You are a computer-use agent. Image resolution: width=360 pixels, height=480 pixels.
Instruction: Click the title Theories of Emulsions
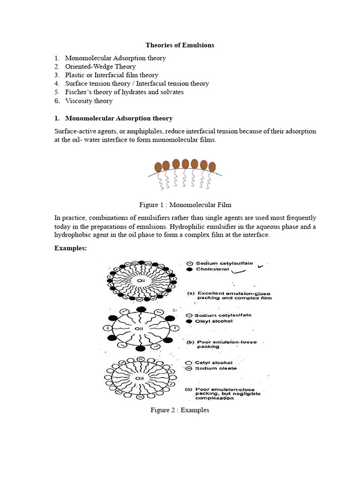[x=180, y=45]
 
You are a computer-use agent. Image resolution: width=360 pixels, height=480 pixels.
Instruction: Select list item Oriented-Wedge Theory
[x=100, y=67]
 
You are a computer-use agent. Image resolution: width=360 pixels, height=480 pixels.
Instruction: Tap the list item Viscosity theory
[x=89, y=101]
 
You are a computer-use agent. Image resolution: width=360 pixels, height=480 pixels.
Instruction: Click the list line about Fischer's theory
[x=124, y=92]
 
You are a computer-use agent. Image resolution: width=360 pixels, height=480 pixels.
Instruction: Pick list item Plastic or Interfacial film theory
[x=112, y=75]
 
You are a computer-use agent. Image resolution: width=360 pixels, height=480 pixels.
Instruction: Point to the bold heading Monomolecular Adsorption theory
[x=119, y=118]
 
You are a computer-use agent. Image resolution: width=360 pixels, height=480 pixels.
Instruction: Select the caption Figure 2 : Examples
[x=180, y=410]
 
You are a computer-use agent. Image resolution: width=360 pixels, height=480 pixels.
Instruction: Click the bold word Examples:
[x=71, y=248]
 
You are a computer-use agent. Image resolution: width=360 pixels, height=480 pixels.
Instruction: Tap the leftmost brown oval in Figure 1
[x=158, y=167]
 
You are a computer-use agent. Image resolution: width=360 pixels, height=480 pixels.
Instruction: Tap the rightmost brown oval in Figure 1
[x=212, y=166]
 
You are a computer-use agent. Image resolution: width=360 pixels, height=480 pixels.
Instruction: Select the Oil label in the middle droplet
[x=139, y=329]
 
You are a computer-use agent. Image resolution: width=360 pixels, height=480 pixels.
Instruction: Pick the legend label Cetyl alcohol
[x=214, y=362]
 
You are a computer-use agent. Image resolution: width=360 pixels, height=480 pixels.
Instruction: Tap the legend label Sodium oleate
[x=216, y=368]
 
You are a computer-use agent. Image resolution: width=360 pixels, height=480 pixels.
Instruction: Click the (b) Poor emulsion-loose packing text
[x=222, y=344]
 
